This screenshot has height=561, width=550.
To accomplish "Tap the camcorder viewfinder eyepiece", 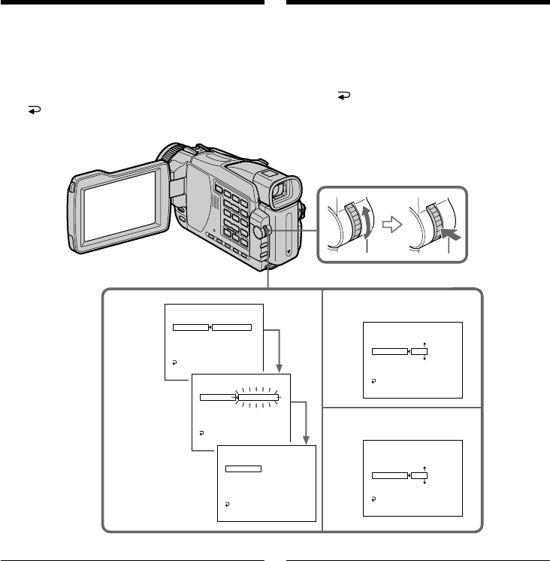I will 281,193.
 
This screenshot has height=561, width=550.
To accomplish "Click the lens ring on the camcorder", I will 175,153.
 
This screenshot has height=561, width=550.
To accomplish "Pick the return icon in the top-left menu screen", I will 174,362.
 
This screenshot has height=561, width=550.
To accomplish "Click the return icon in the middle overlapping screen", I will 201,433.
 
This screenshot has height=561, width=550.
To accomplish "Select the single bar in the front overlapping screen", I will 243,468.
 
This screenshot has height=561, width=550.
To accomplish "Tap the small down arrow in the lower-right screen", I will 425,484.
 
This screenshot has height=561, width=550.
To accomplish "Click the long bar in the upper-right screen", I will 389,350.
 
